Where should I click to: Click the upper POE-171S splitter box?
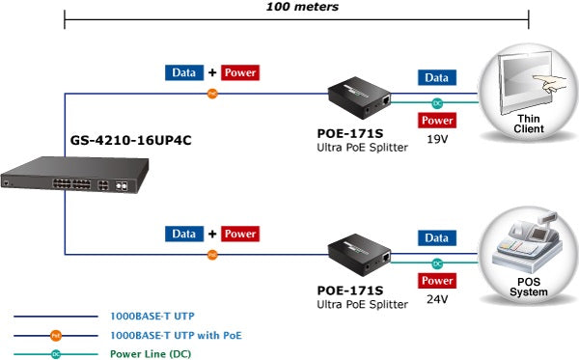tap(358, 94)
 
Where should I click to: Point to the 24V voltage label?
tap(438, 299)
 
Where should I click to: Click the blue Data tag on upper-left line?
tap(183, 72)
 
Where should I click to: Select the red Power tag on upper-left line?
tap(240, 72)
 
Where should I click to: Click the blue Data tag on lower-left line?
tap(183, 234)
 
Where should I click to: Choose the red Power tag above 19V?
tap(438, 121)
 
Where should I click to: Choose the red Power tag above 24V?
tap(438, 281)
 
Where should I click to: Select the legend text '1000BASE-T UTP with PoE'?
tap(176, 335)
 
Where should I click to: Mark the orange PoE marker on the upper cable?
tap(213, 94)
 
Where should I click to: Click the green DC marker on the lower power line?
tap(437, 263)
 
